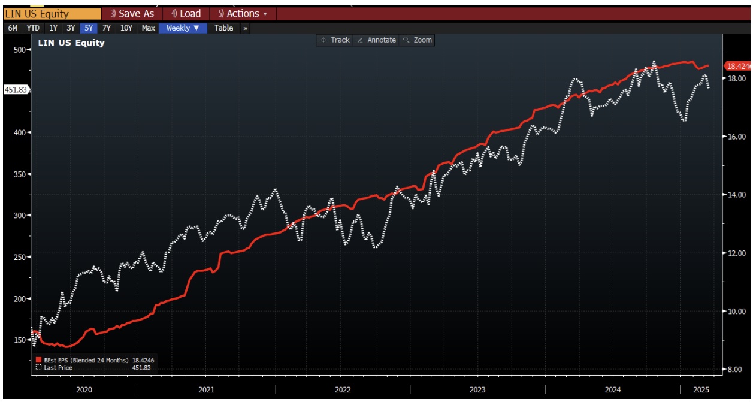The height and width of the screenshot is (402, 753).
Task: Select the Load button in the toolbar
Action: (186, 14)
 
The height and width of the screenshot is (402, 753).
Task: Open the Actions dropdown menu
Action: (243, 14)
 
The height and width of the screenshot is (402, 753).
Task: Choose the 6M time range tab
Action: (13, 28)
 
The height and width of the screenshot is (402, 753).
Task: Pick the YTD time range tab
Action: (33, 28)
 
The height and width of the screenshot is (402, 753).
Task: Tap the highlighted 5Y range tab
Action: (88, 28)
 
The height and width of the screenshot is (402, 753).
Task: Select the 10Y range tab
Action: (126, 28)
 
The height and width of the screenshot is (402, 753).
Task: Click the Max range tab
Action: (148, 28)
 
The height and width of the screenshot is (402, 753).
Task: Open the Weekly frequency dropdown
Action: (183, 28)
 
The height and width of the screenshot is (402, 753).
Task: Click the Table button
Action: (224, 28)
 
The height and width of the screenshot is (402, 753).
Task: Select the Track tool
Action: (335, 40)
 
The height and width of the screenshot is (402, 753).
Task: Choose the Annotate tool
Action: (376, 40)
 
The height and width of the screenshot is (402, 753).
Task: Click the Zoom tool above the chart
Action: (418, 40)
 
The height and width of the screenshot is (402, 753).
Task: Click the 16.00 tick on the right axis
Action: (736, 137)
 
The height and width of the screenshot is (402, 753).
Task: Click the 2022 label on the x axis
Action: (342, 390)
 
